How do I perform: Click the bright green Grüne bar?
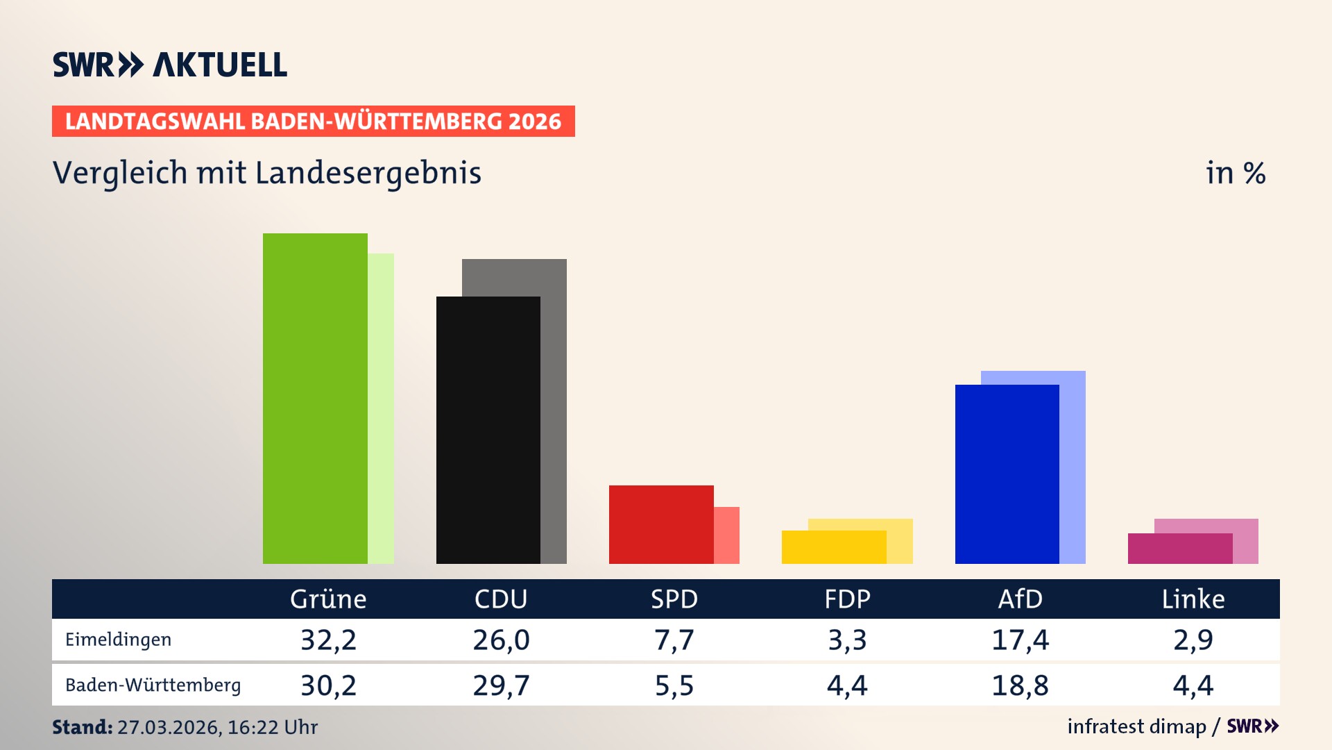pos(315,399)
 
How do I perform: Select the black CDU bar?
pos(488,430)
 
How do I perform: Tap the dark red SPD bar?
pos(660,524)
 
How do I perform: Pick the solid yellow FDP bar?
pos(833,547)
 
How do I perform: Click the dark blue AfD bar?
pos(1007,474)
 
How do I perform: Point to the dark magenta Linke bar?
pos(1179,549)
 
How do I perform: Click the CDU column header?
pos(501,599)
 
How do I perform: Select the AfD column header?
pos(1020,599)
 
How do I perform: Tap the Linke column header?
pos(1193,599)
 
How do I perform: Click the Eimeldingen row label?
pos(118,640)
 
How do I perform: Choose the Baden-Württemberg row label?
pos(153,685)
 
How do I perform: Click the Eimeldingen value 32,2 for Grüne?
pos(328,640)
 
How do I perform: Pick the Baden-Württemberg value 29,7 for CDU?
pos(501,685)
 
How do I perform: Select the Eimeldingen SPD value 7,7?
pos(674,640)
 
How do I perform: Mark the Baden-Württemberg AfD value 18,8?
pos(1020,685)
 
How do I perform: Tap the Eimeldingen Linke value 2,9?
pos(1193,640)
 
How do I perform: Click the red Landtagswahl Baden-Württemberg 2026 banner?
pos(313,122)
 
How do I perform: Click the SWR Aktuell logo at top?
pos(170,65)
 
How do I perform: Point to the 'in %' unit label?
pos(1236,173)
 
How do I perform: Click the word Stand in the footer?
pos(82,727)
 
